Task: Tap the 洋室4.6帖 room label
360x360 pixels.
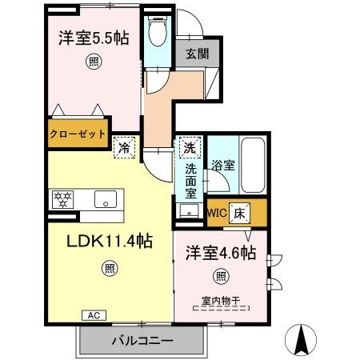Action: (x=221, y=254)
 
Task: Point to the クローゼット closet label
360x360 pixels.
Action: (x=78, y=134)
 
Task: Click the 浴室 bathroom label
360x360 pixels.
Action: (x=222, y=166)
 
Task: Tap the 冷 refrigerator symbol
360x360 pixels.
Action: (x=124, y=146)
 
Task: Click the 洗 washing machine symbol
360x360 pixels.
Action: (x=189, y=147)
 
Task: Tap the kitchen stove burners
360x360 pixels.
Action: (x=64, y=198)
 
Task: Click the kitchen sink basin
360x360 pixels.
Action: (x=104, y=198)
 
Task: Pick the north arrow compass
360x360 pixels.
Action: (x=302, y=340)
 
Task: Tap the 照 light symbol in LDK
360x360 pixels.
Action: (x=109, y=270)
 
